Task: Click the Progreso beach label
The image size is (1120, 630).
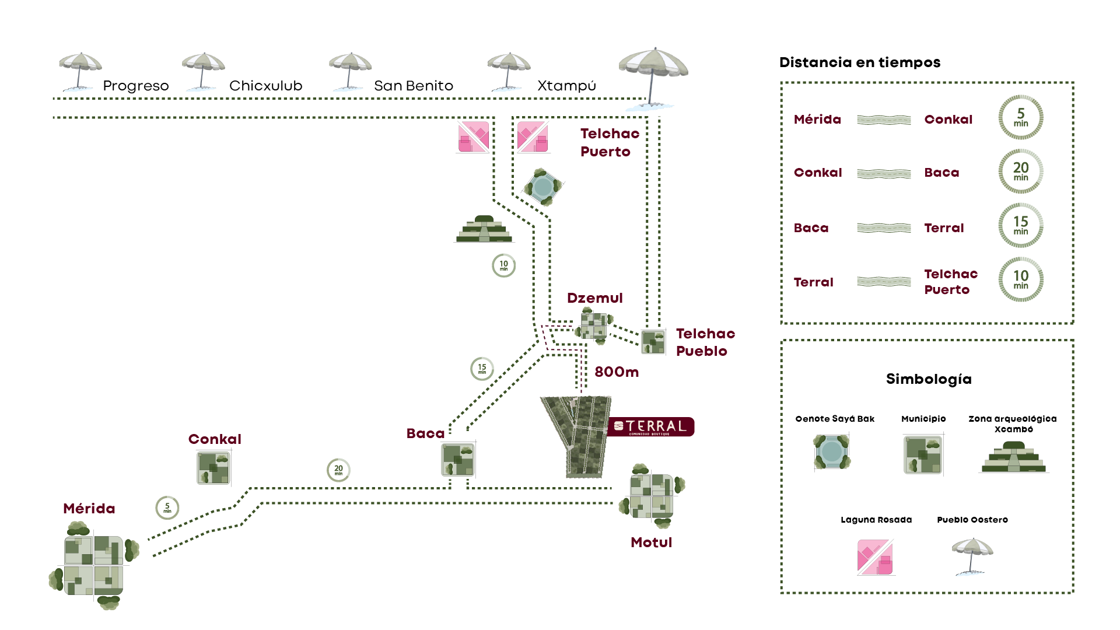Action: tap(135, 86)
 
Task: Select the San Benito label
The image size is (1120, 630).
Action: tap(413, 86)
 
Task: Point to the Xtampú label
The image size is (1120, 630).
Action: tap(566, 86)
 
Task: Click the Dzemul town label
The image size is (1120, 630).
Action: tap(594, 298)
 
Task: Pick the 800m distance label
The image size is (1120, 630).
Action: tap(616, 372)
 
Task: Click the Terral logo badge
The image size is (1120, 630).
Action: tap(650, 427)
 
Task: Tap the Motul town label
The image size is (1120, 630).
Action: tap(651, 542)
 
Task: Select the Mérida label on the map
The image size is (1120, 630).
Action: tap(89, 509)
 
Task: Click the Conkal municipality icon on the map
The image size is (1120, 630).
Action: tap(213, 467)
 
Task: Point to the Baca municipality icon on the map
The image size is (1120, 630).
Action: tap(458, 460)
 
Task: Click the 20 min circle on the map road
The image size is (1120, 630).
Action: tap(338, 470)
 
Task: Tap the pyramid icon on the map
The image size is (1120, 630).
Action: tap(484, 229)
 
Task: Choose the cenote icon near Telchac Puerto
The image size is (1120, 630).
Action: tap(543, 187)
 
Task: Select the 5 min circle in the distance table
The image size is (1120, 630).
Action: tap(1020, 117)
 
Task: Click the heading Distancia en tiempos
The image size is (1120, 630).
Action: tap(859, 62)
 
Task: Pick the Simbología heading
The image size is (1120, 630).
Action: tap(928, 379)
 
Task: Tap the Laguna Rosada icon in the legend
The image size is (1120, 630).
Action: tap(875, 557)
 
